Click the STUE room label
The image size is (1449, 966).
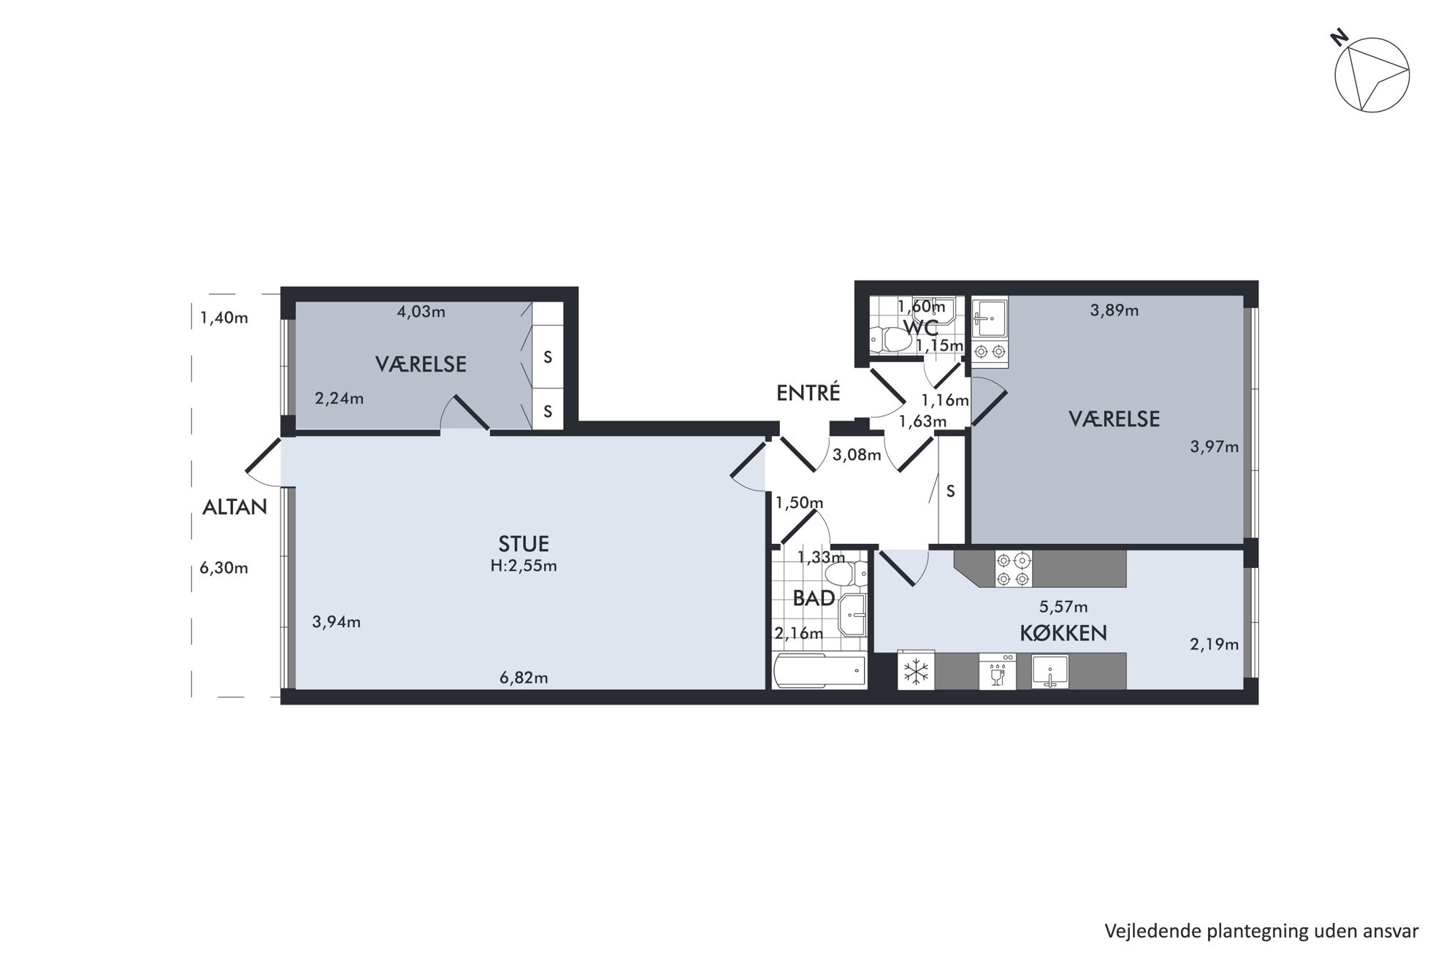tap(523, 543)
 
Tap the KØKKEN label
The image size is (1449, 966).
tap(1063, 633)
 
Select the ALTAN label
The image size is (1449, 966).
tap(234, 507)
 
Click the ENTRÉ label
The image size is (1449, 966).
tap(808, 393)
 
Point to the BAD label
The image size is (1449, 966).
tap(814, 598)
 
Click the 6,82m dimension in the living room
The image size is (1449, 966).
tap(524, 678)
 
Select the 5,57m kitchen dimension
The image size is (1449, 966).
tap(1063, 607)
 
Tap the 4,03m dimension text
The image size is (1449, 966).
tap(421, 312)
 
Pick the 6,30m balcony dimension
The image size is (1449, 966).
tap(224, 567)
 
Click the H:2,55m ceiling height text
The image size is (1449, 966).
tap(524, 566)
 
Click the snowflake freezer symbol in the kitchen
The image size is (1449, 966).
tap(916, 671)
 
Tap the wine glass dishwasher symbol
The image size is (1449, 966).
tap(997, 671)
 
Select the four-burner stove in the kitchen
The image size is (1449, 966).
tap(1013, 569)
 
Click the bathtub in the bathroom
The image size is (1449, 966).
tap(819, 671)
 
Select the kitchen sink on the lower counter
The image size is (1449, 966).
tap(1050, 671)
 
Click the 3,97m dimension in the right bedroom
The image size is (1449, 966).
tap(1214, 446)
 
